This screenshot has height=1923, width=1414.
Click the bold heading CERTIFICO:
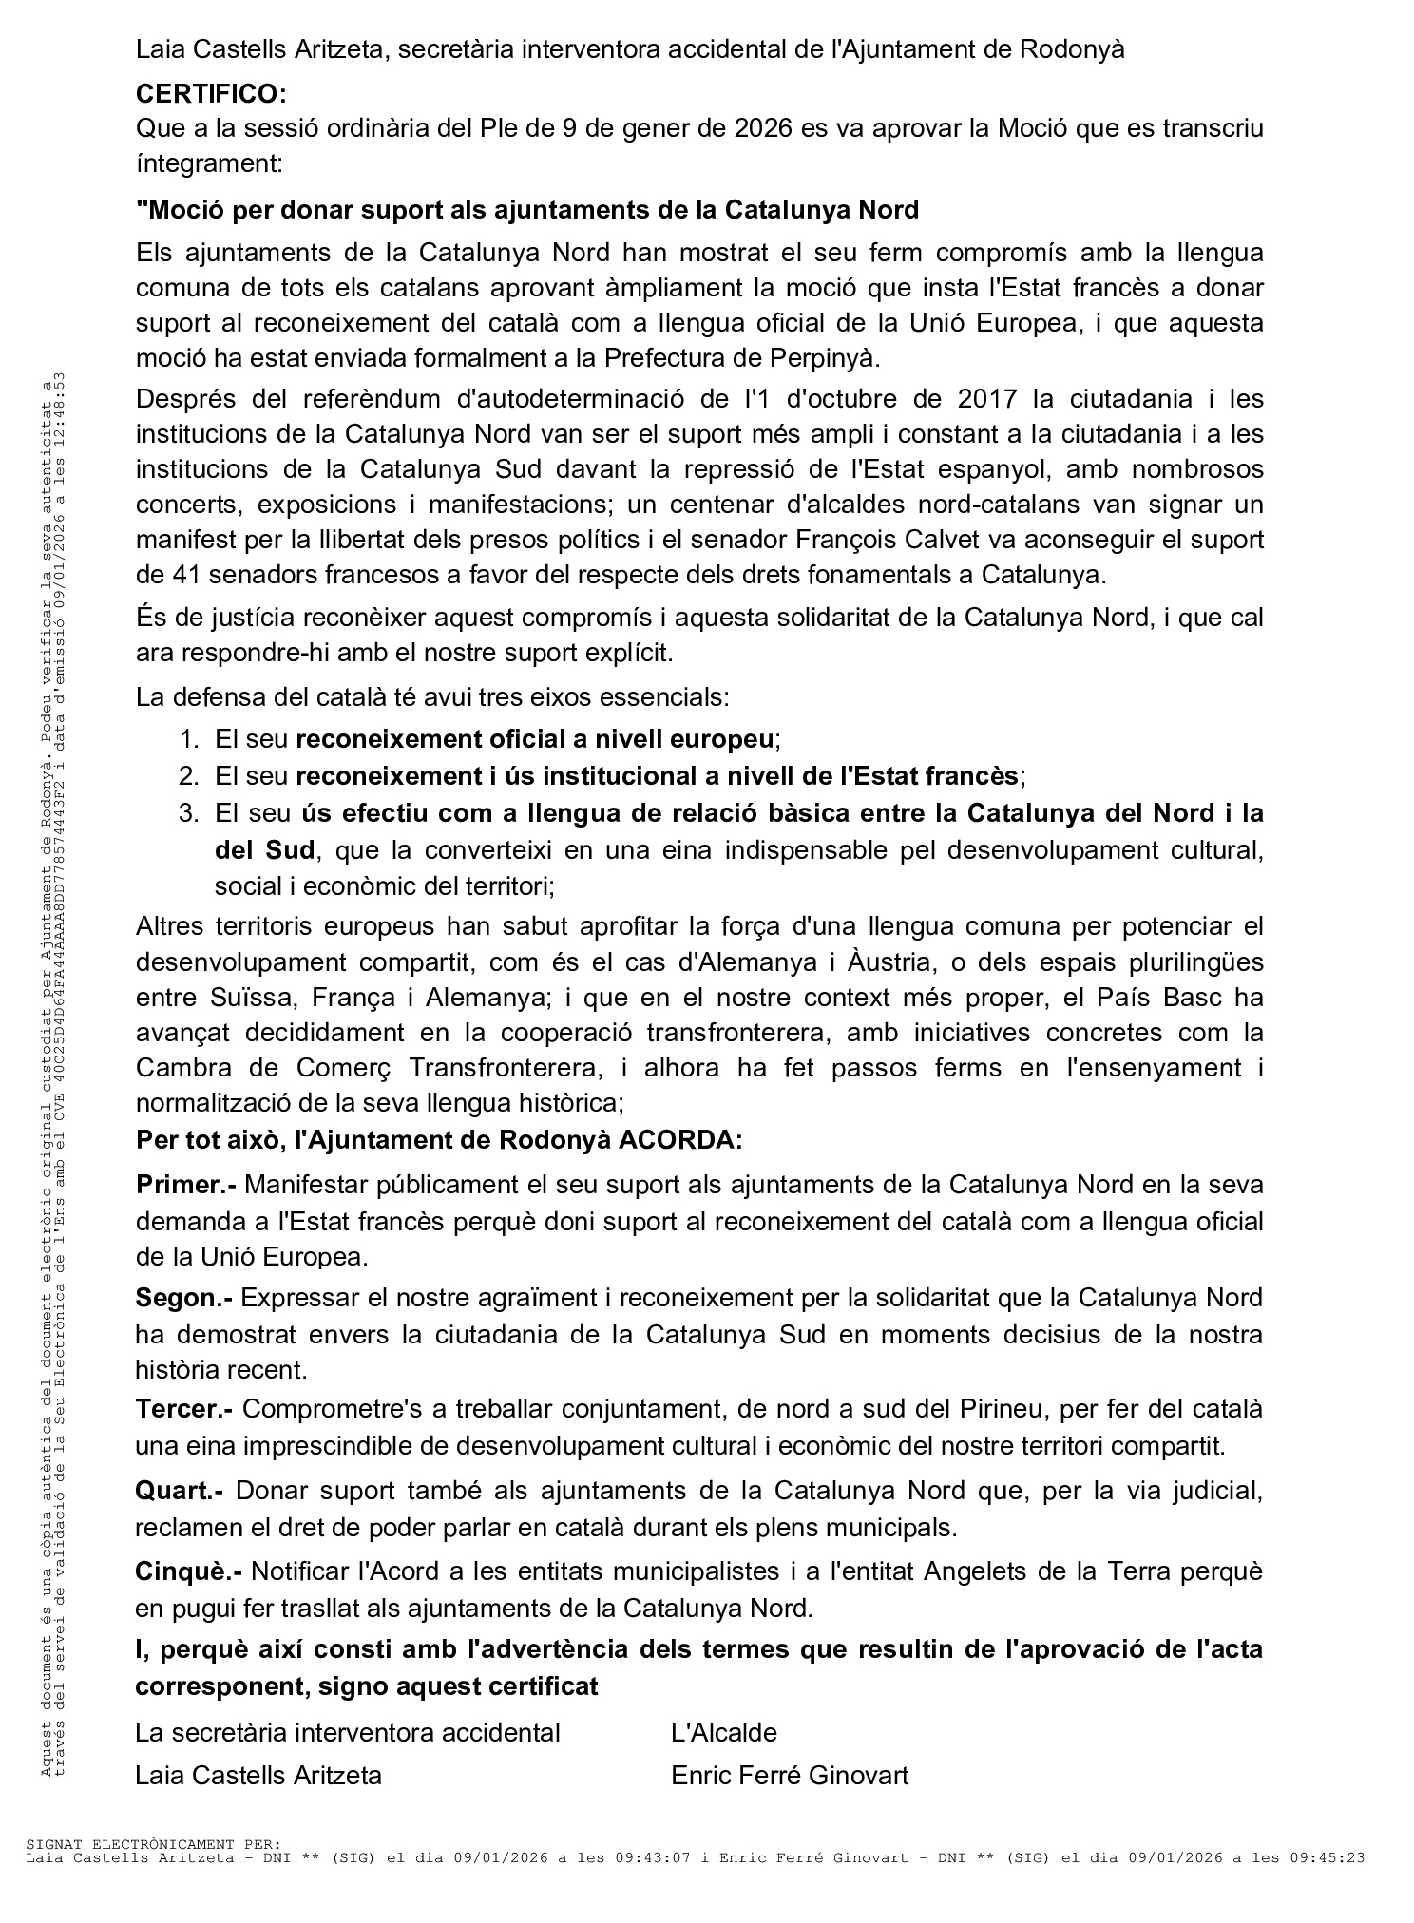click(x=211, y=94)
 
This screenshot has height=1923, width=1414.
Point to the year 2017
click(x=987, y=398)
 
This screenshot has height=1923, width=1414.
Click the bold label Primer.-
click(x=186, y=1185)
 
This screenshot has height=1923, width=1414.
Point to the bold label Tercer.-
click(x=185, y=1410)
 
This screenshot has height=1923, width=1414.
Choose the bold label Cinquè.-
click(x=188, y=1571)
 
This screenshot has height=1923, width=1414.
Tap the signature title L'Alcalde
click(x=724, y=1732)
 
